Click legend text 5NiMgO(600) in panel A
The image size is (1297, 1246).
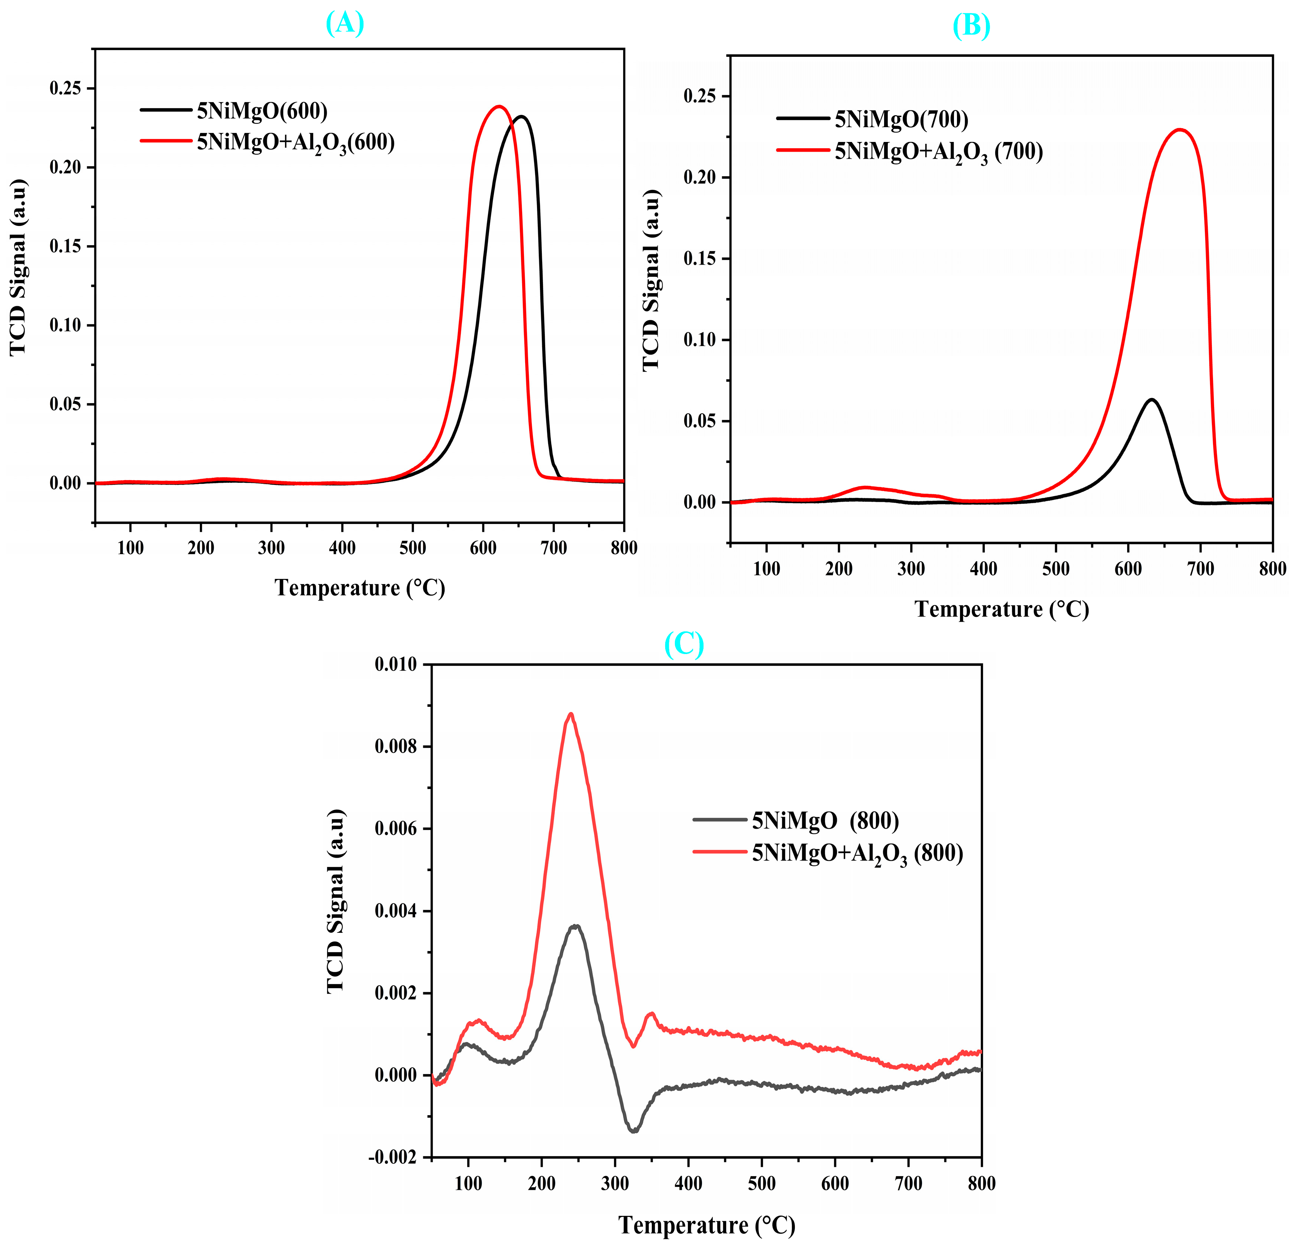(262, 111)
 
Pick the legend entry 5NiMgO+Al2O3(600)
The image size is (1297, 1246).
(295, 142)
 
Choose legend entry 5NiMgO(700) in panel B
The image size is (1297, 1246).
(901, 120)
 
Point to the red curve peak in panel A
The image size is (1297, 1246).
(499, 107)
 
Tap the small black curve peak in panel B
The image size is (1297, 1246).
(1151, 400)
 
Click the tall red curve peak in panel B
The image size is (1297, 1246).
(1179, 130)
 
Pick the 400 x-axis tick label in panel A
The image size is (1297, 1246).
(342, 548)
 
